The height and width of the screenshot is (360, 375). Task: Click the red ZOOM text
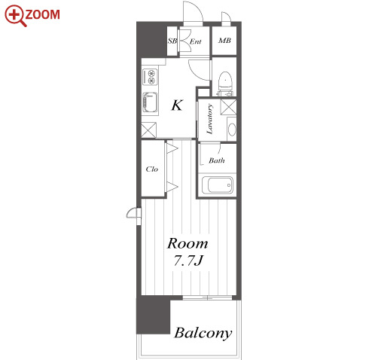[42, 14]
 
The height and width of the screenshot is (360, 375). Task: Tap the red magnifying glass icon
[15, 16]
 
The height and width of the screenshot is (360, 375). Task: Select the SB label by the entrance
[172, 41]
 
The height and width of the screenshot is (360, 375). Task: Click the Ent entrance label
[195, 41]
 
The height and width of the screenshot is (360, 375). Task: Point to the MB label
[224, 40]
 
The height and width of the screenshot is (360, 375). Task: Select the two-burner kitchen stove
[150, 77]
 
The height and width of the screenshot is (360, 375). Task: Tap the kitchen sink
[150, 102]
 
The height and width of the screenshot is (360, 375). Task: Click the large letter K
[177, 105]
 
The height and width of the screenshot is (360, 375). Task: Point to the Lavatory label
[209, 119]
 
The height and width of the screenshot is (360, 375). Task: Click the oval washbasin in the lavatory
[232, 130]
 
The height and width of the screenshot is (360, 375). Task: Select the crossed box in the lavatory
[228, 107]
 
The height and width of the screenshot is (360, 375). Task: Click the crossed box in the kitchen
[148, 130]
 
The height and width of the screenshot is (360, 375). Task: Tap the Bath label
[216, 160]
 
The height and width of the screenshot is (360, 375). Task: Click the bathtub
[218, 185]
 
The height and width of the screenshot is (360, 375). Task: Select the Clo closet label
[152, 169]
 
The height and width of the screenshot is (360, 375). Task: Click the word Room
[187, 243]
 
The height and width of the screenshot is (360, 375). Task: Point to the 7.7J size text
[188, 261]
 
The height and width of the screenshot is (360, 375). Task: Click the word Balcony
[203, 334]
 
